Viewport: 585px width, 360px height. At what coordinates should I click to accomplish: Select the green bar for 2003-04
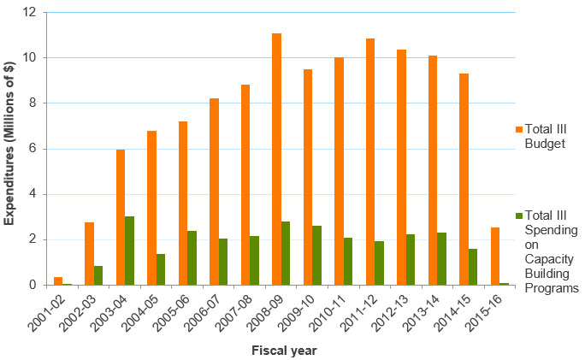coord(129,251)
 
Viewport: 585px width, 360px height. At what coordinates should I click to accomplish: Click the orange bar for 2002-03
coord(89,253)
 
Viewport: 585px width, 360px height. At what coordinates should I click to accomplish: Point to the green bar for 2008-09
coord(286,253)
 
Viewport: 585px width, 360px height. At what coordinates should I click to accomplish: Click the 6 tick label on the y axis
coord(32,149)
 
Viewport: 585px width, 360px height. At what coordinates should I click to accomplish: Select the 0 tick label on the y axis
coord(32,285)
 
